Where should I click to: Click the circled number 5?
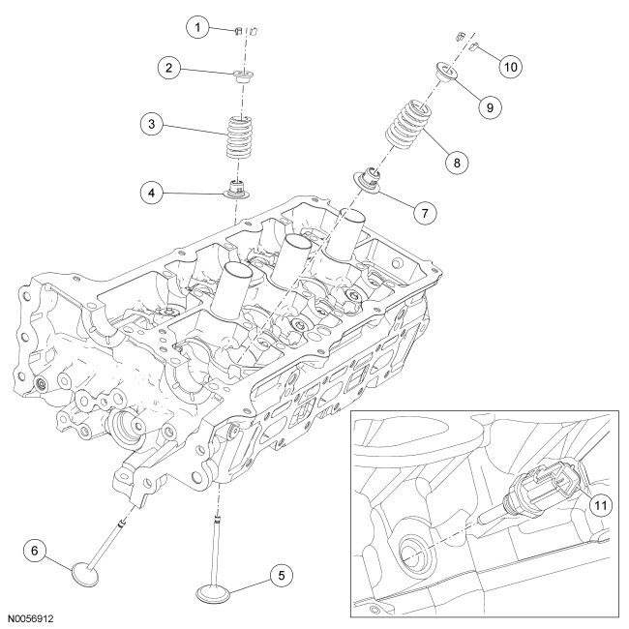281,576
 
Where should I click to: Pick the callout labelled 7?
422,211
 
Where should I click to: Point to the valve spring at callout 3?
238,138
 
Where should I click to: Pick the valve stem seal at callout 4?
237,188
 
